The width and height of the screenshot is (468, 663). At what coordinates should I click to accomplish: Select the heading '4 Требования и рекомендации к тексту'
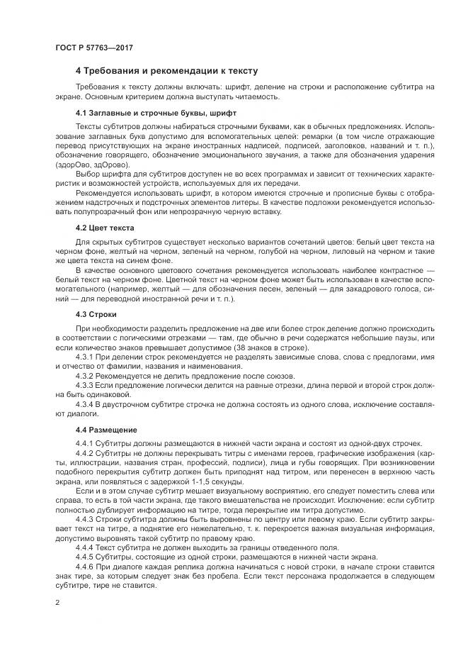[166, 71]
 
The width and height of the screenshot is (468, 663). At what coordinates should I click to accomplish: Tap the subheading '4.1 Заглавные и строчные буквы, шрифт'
[156, 113]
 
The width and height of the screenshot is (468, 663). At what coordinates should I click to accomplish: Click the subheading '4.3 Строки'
[96, 313]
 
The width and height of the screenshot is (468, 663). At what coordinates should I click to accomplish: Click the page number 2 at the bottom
[57, 602]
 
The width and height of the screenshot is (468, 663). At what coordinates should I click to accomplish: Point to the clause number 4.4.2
[85, 453]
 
